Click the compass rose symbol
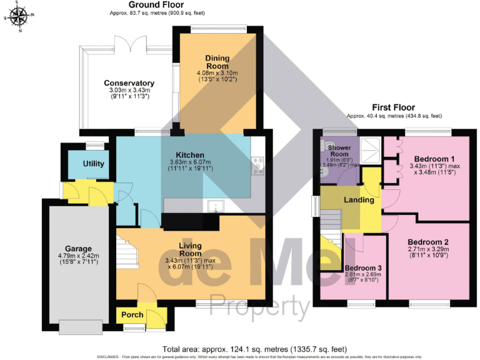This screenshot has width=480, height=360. point(19,16)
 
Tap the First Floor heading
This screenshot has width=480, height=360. point(394,107)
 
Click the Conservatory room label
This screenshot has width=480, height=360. point(129,83)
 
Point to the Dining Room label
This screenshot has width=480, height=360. point(217,62)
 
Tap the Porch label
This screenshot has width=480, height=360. point(132,314)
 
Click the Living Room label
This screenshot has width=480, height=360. point(190,249)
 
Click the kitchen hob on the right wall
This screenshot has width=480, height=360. point(256,164)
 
